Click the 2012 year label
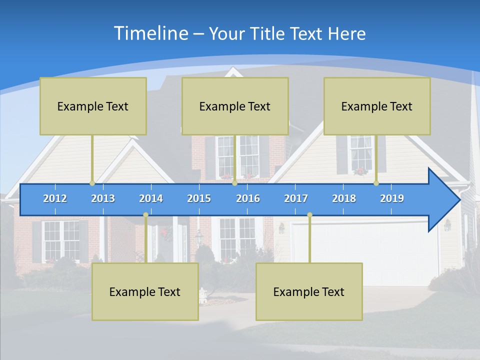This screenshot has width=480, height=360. click(x=55, y=198)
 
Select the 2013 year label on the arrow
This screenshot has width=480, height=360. click(x=103, y=198)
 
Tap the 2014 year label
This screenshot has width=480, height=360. click(x=151, y=198)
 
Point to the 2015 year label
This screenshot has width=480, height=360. click(x=199, y=198)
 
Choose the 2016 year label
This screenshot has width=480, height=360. click(x=248, y=198)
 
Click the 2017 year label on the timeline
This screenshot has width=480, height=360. click(x=296, y=198)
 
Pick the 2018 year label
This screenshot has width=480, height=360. click(x=344, y=198)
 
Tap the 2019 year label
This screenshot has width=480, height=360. click(x=392, y=198)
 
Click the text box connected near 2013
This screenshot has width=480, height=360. click(x=93, y=106)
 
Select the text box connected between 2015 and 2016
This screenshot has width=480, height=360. click(x=235, y=106)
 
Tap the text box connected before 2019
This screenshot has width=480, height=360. click(x=377, y=106)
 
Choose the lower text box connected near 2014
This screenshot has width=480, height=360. click(x=145, y=291)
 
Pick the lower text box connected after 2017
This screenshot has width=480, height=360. click(x=309, y=291)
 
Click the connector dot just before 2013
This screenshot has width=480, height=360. click(x=92, y=183)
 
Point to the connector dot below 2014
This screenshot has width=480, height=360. click(x=145, y=214)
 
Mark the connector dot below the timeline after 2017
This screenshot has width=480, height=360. click(x=309, y=214)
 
